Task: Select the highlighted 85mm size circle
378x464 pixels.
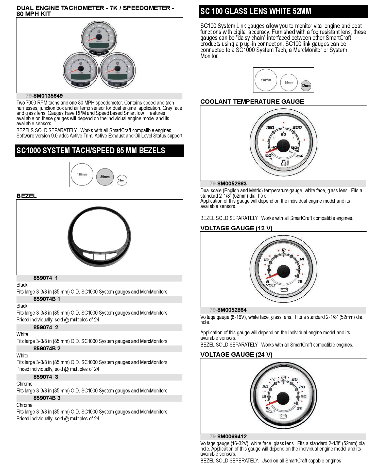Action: pyautogui.click(x=105, y=177)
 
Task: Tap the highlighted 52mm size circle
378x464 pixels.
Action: pyautogui.click(x=306, y=86)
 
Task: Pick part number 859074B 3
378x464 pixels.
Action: pyautogui.click(x=47, y=398)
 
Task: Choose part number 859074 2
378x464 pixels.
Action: pyautogui.click(x=46, y=328)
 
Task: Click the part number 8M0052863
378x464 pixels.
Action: pyautogui.click(x=232, y=184)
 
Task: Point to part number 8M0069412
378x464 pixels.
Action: pyautogui.click(x=232, y=437)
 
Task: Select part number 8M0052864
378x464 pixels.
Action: pyautogui.click(x=232, y=310)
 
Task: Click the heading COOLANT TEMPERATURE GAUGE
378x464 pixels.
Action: pyautogui.click(x=252, y=102)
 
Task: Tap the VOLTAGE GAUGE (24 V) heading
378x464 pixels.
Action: pyautogui.click(x=236, y=355)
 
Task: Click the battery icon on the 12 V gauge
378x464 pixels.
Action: pyautogui.click(x=284, y=289)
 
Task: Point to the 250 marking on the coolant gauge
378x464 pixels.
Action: pyautogui.click(x=299, y=156)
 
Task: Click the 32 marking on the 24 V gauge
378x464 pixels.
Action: pyautogui.click(x=300, y=408)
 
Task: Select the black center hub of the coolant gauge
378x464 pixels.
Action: pyautogui.click(x=283, y=145)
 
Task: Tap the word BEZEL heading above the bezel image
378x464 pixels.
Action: pyautogui.click(x=27, y=196)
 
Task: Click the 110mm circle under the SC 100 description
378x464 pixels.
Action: pyautogui.click(x=266, y=80)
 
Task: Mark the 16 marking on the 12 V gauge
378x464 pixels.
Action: pyautogui.click(x=300, y=281)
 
